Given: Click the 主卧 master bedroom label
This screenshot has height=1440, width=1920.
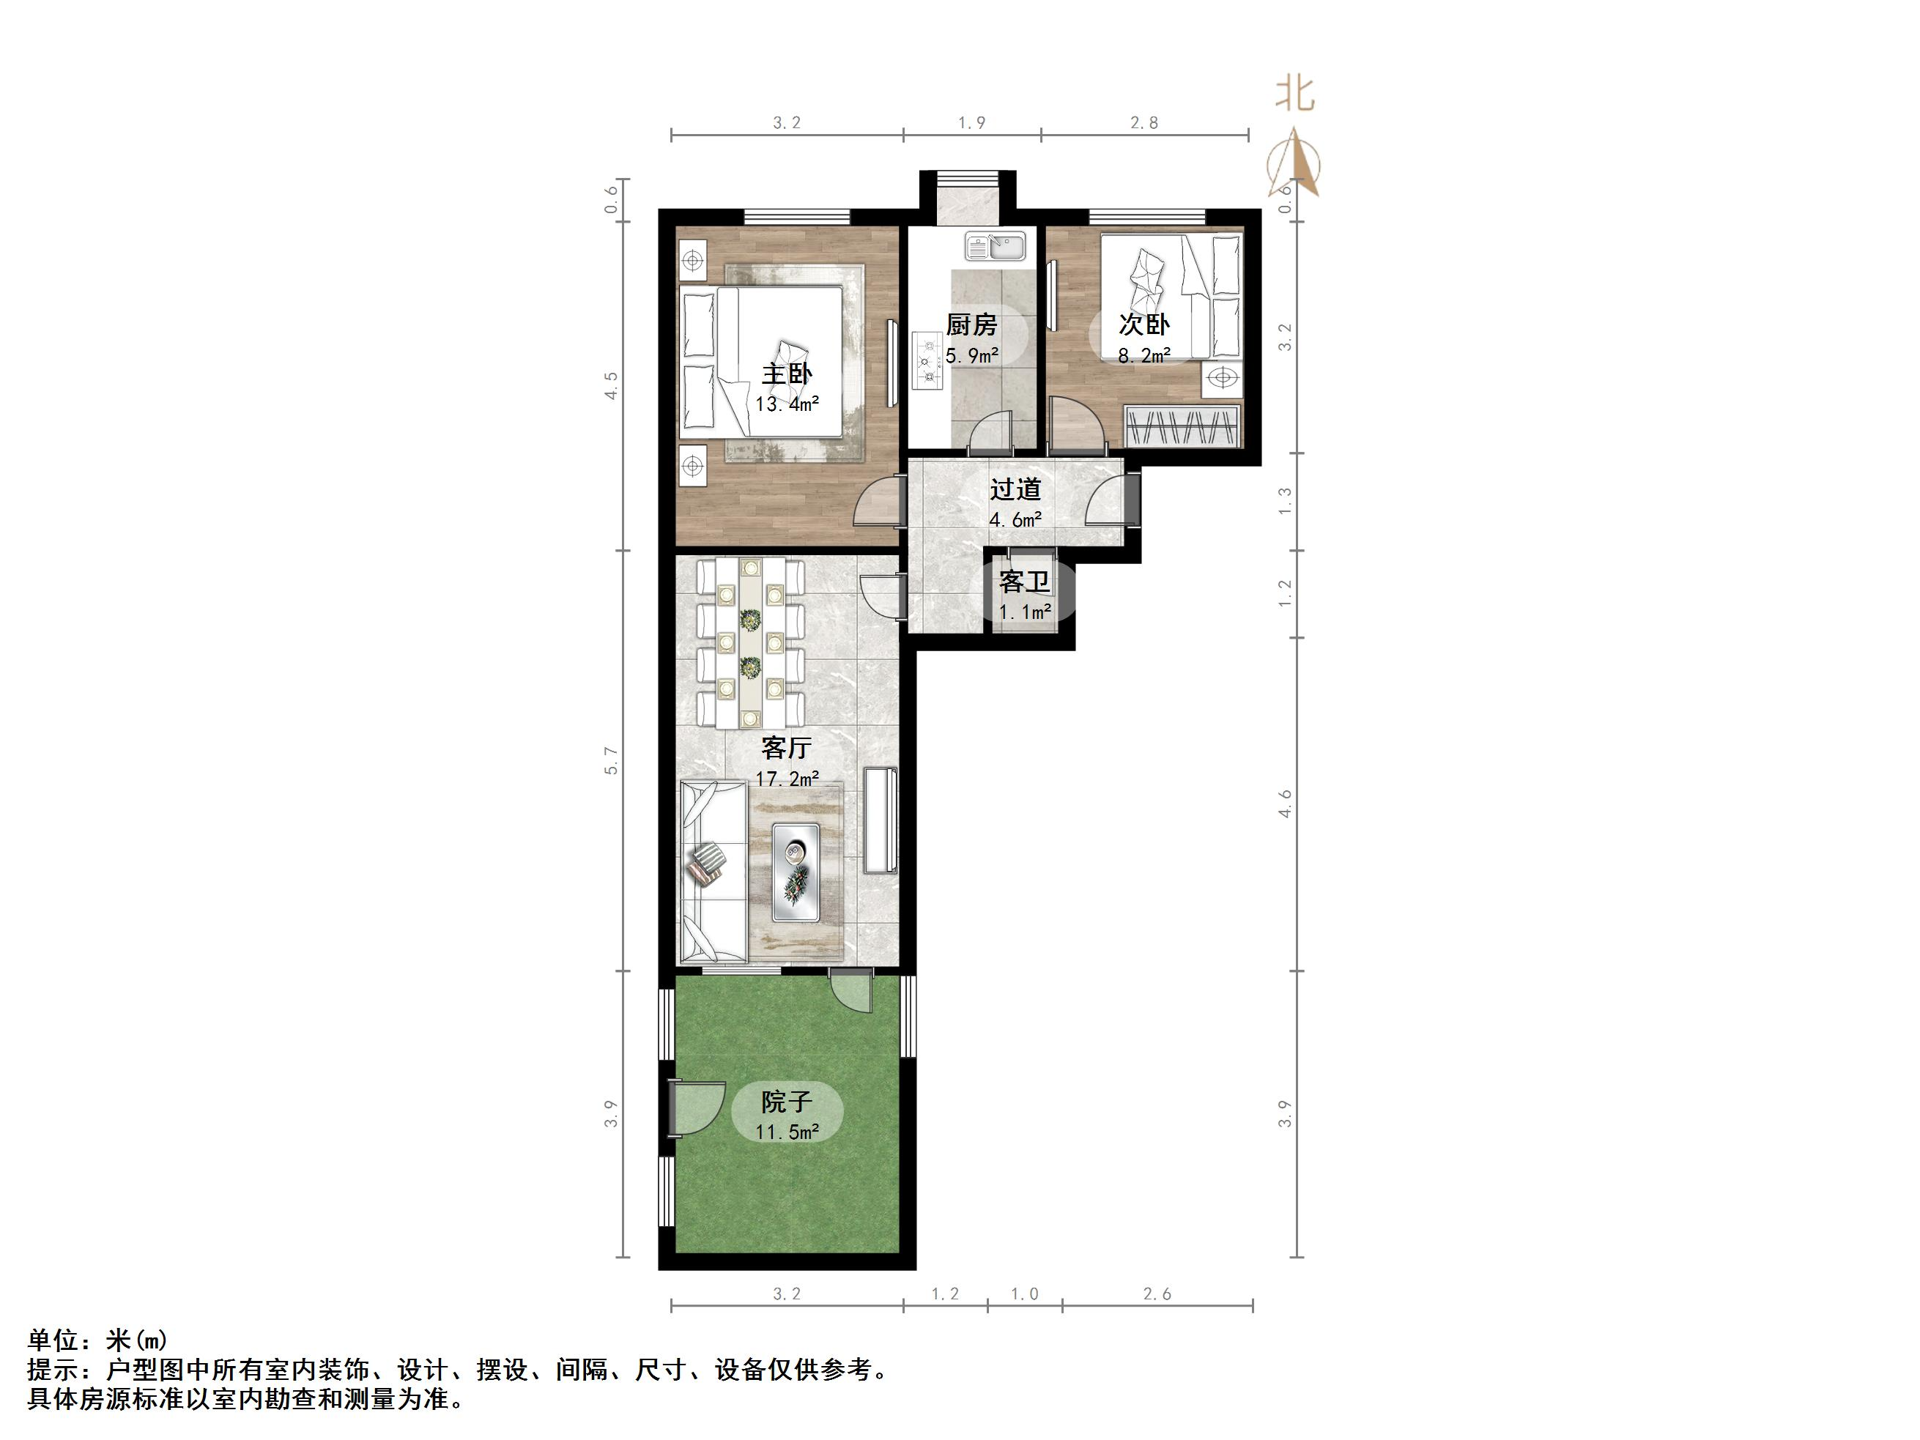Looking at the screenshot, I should point(787,374).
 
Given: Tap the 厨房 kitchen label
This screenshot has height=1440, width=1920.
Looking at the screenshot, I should point(971,325).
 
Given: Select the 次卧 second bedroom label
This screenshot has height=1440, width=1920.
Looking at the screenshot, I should point(1144,324).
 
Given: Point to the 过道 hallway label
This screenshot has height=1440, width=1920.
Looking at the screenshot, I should point(1015,489).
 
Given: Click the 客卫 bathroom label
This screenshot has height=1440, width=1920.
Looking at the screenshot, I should point(1024,582).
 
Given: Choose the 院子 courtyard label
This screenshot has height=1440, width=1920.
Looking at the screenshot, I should point(787,1102).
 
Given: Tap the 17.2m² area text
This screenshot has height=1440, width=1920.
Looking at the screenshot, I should point(787,779).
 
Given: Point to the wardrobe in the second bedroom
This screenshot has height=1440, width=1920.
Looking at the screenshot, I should point(1182,426).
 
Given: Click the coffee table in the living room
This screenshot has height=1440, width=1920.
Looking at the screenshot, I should point(796,872).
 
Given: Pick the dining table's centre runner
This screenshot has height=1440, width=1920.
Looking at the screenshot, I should point(750,642).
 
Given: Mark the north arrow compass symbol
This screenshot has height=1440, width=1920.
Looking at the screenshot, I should point(1294,164).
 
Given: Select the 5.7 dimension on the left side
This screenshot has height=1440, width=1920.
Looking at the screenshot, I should point(611,760).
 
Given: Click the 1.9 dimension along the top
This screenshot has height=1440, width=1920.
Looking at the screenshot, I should point(971,123).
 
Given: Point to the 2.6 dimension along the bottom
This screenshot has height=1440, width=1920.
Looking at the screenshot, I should point(1157,1294).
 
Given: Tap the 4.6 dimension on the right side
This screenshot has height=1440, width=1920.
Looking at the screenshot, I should point(1286,803).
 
